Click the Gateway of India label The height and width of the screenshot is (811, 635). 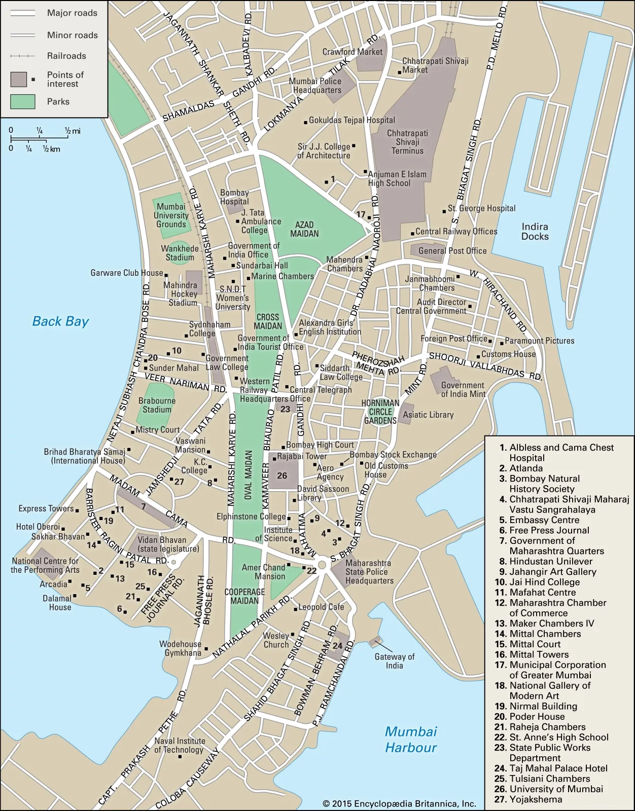[x=394, y=661]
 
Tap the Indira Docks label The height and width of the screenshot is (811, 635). [x=535, y=231]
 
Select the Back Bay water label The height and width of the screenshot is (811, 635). [x=60, y=321]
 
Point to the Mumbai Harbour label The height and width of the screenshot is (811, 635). [x=410, y=739]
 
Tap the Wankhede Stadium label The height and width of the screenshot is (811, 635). [x=180, y=252]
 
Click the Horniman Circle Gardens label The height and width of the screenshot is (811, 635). [x=380, y=412]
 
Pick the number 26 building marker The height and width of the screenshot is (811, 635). [x=282, y=475]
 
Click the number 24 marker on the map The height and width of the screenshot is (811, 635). [x=337, y=645]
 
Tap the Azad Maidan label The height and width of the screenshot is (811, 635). [x=304, y=229]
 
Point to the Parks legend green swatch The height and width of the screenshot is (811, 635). [x=23, y=102]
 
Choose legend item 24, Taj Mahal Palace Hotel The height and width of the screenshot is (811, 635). [x=552, y=768]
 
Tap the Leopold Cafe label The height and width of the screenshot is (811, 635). [x=321, y=607]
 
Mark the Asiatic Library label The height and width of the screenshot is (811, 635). [x=428, y=415]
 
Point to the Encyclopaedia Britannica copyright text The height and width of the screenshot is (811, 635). [x=400, y=803]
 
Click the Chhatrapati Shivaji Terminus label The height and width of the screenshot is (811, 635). [x=407, y=142]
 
